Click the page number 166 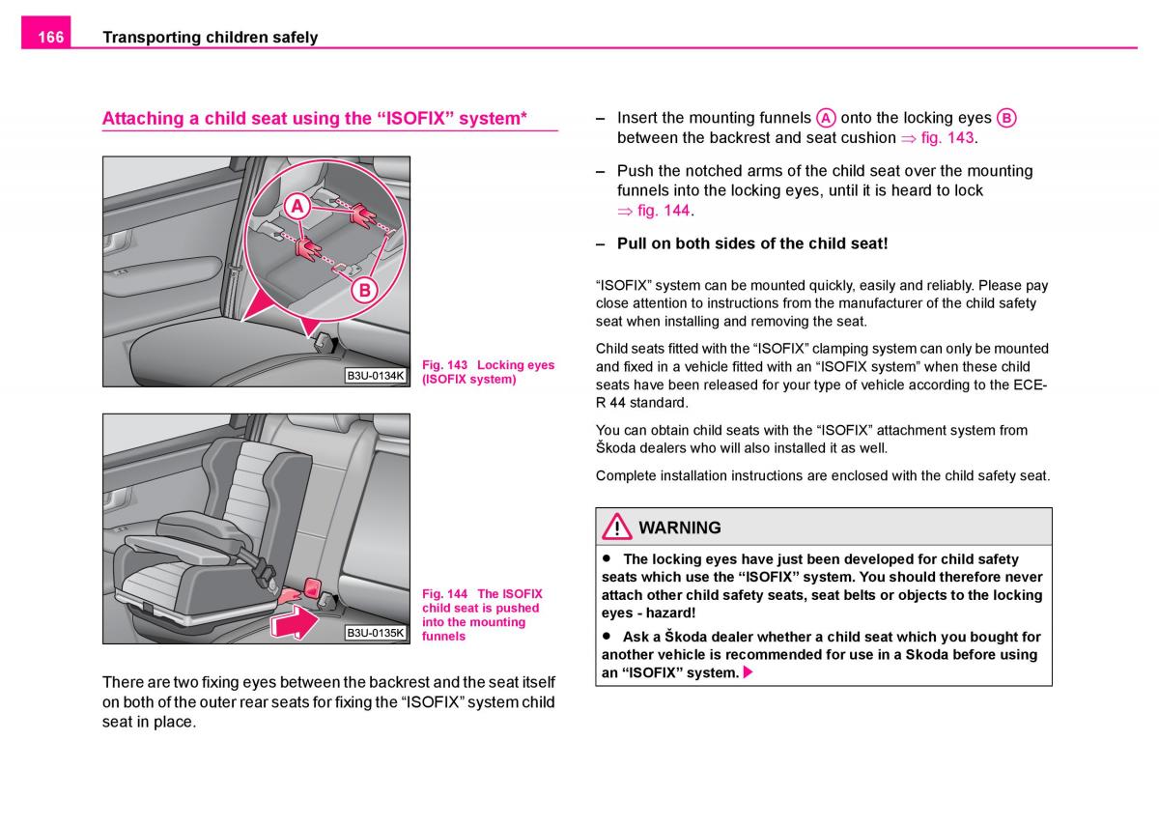(50, 37)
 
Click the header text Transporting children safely (210, 37)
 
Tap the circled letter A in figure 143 (297, 206)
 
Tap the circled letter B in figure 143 (365, 289)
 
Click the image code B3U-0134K (375, 375)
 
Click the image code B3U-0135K (375, 633)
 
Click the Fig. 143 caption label (444, 365)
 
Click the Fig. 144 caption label (444, 594)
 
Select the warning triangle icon (616, 528)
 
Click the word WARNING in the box (680, 528)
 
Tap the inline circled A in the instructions (826, 118)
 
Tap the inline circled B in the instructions (1005, 118)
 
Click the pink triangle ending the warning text (748, 672)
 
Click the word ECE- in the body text (1030, 385)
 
